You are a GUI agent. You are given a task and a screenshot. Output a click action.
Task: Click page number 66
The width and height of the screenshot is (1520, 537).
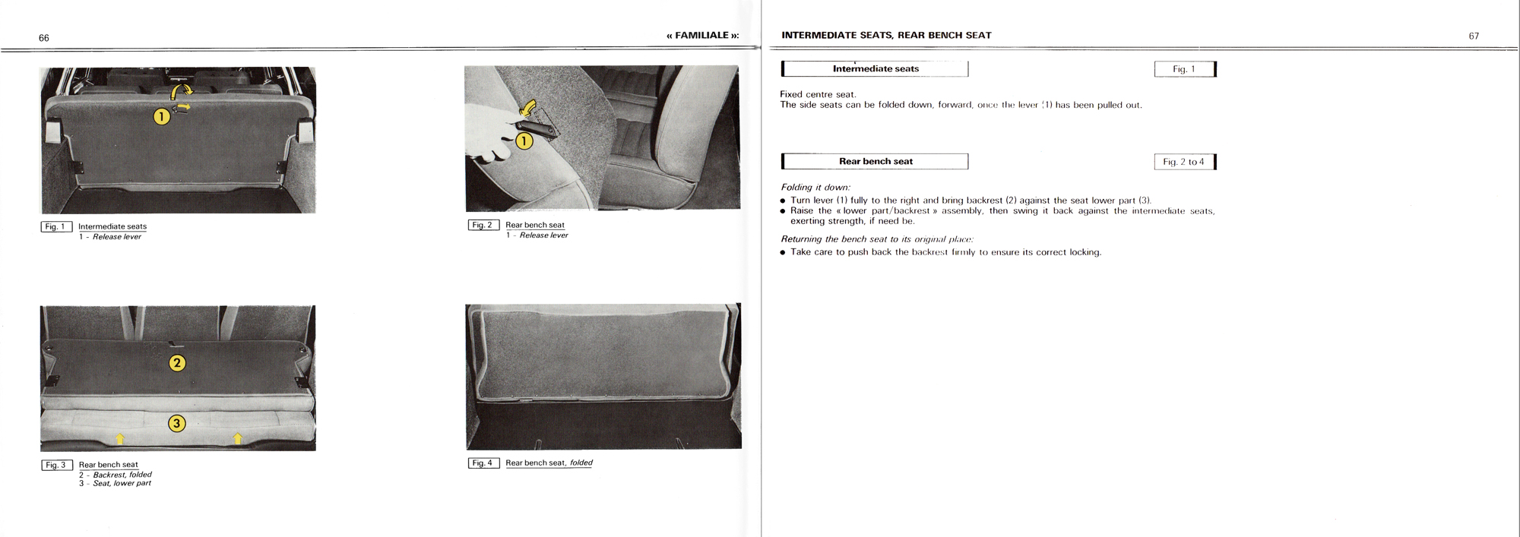[x=44, y=38]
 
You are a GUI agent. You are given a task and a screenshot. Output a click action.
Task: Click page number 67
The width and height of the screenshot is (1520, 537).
[x=1474, y=36]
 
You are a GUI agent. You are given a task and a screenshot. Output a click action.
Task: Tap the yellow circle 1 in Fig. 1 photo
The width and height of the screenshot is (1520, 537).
[x=161, y=116]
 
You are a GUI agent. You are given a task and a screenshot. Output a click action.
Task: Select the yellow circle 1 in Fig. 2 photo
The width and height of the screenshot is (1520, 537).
[x=524, y=141]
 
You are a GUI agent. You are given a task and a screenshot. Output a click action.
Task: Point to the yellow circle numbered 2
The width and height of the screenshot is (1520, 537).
[x=176, y=362]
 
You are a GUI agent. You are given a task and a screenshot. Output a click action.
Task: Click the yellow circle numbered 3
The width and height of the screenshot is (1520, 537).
[x=176, y=423]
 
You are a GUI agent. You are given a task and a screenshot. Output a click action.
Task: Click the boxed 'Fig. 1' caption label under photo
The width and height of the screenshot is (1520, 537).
[x=56, y=226]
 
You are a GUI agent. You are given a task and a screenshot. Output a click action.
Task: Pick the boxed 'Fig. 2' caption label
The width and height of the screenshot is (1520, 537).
[x=483, y=225]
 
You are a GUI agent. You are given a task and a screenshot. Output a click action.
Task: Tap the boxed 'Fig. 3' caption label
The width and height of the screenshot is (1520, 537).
[x=56, y=465]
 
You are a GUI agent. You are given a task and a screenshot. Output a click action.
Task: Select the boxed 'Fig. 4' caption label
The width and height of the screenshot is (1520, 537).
[x=483, y=463]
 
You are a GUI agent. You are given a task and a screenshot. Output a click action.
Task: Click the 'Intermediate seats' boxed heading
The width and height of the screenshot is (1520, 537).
[x=876, y=69]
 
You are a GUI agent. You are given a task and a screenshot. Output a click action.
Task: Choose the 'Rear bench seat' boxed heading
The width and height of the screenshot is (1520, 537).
[x=876, y=161]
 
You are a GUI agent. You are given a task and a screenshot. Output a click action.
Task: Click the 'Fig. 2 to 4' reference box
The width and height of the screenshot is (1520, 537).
[x=1184, y=162]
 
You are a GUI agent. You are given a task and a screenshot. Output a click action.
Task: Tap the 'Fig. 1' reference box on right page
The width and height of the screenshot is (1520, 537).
[x=1184, y=69]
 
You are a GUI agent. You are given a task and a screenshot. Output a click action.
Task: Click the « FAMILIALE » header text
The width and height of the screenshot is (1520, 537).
[x=702, y=36]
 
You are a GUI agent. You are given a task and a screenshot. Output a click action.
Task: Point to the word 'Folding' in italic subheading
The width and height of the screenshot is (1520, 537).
[x=796, y=187]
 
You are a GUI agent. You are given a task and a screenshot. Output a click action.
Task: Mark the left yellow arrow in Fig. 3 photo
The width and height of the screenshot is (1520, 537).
[x=119, y=438]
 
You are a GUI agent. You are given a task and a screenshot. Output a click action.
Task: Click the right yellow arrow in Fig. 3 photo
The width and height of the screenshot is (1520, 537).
[x=238, y=438]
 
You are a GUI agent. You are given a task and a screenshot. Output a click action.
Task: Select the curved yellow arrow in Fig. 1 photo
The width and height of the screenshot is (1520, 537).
[x=182, y=91]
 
